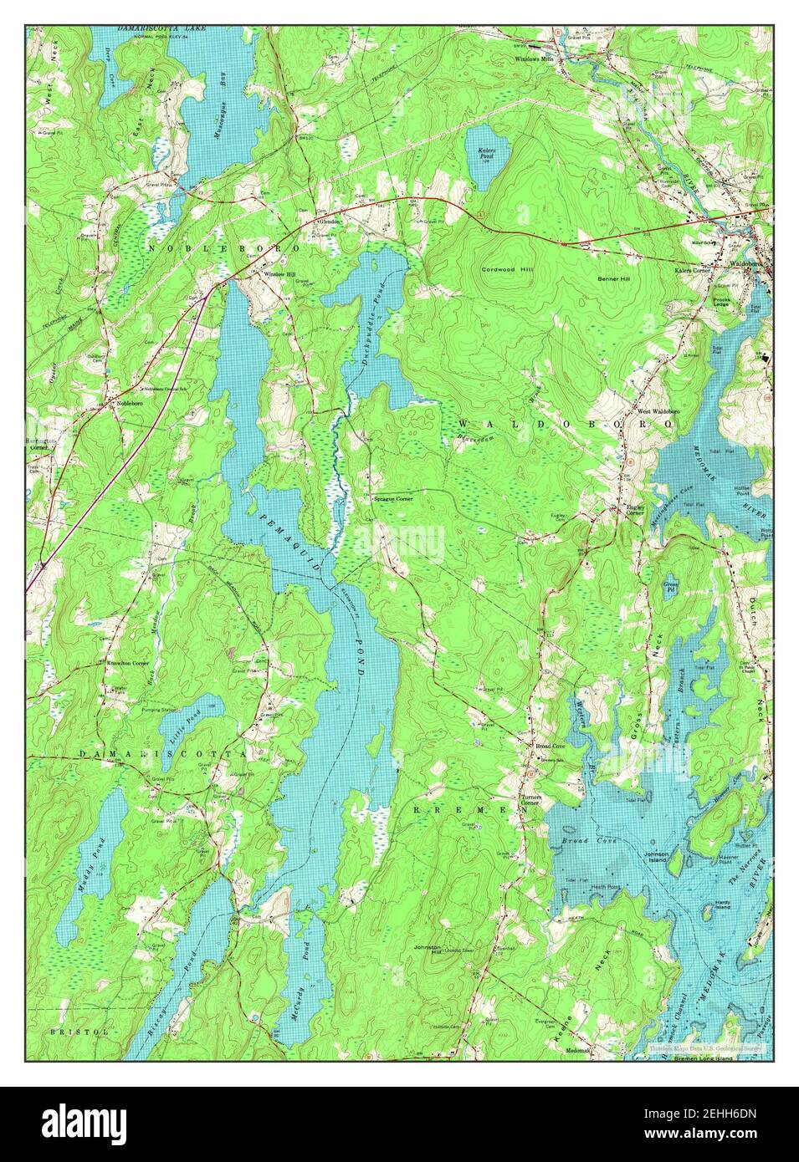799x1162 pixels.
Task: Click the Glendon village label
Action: point(326,222)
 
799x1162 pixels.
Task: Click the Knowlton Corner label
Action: point(128,663)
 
